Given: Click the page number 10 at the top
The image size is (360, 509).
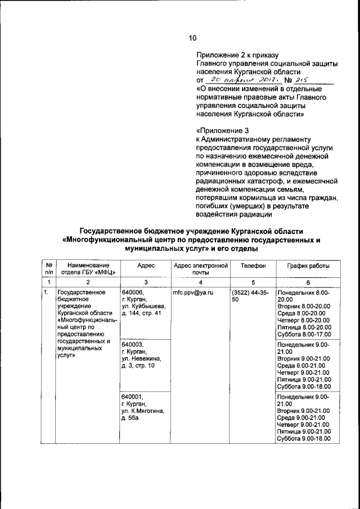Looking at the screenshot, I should click(x=192, y=39).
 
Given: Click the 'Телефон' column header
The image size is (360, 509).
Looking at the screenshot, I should click(x=251, y=265).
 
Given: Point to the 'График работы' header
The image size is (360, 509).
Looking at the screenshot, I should click(x=308, y=265).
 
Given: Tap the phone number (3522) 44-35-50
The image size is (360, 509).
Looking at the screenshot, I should click(x=250, y=296).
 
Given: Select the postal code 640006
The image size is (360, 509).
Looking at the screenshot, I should click(x=133, y=292).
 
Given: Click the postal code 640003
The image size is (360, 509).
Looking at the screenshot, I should click(x=133, y=344).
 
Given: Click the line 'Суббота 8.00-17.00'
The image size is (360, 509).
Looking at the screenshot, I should click(x=304, y=335).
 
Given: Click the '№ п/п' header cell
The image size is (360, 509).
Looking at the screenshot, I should click(x=49, y=269).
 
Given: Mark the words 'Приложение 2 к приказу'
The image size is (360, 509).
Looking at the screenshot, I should click(x=237, y=55).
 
